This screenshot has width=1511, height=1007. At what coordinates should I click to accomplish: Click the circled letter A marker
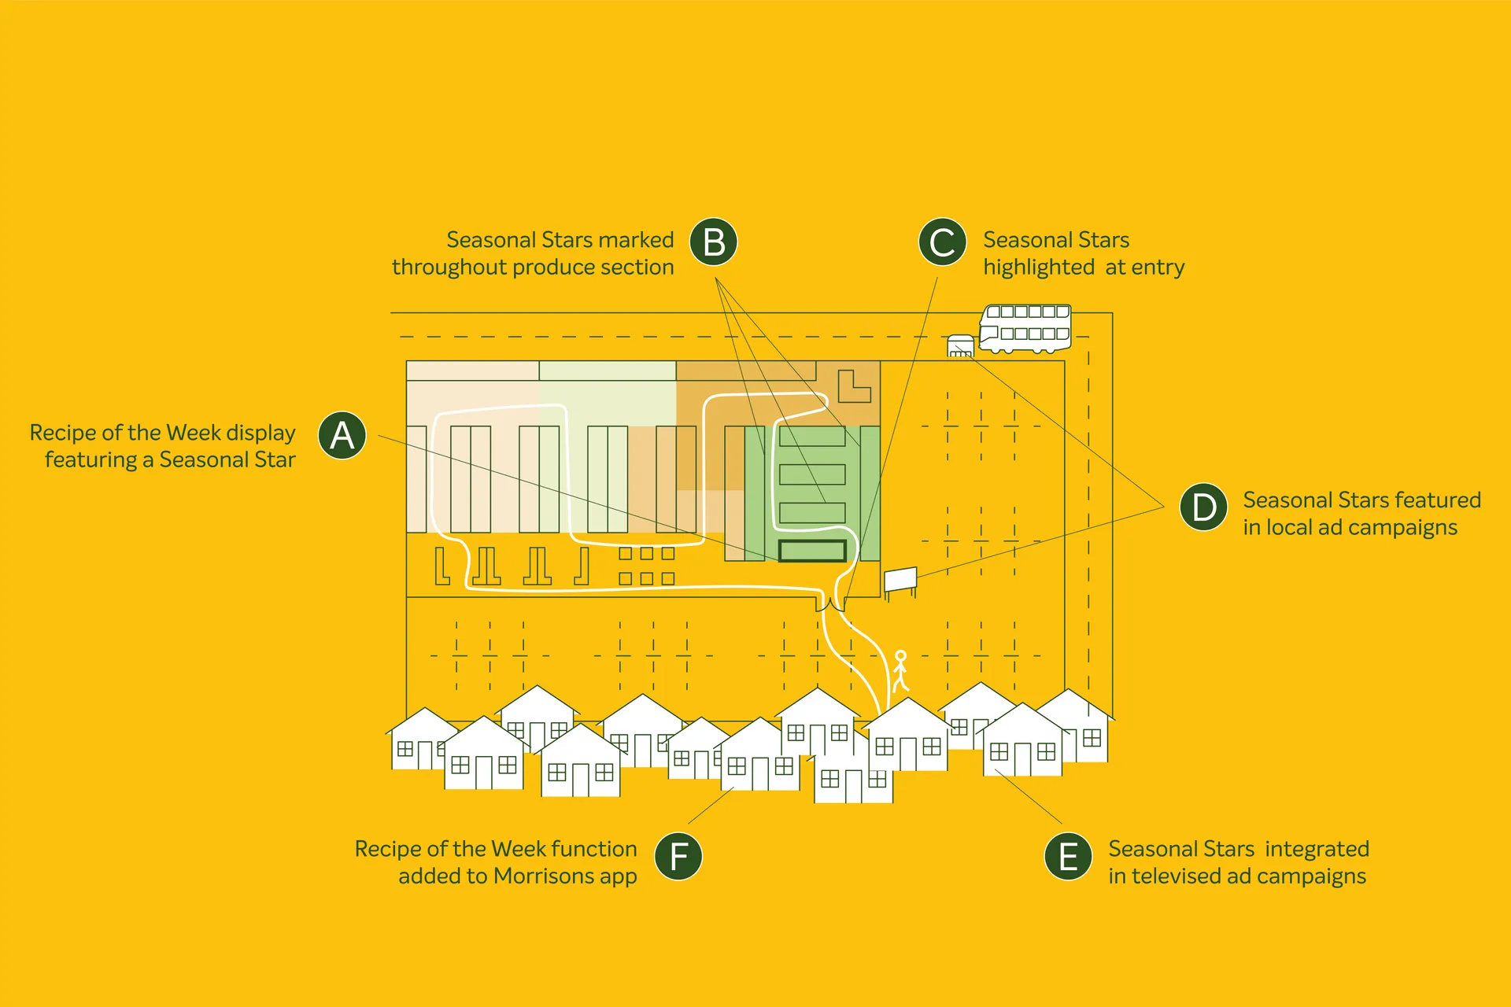342,435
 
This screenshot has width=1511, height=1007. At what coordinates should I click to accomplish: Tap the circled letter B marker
714,242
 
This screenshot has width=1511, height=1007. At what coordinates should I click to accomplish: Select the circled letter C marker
942,242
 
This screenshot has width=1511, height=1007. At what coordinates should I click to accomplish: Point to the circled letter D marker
1203,507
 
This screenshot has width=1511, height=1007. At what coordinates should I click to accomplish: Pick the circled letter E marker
1068,856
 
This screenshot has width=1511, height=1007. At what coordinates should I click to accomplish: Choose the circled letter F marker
678,856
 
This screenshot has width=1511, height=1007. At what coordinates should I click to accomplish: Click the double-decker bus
1025,329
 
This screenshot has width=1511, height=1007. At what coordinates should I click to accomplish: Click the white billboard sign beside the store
900,580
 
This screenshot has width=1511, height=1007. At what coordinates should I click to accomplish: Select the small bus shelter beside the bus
960,346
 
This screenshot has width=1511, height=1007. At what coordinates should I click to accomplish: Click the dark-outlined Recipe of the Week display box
812,551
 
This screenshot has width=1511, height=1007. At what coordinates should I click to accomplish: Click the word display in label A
260,433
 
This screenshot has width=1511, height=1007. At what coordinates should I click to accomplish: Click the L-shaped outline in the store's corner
853,385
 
